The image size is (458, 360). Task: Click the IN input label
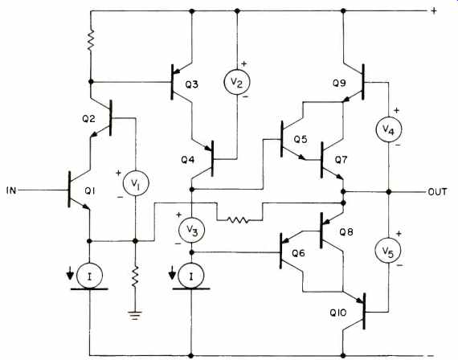tap(11, 190)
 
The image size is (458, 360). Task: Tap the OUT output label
tap(437, 192)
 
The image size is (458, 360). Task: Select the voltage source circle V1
tap(136, 183)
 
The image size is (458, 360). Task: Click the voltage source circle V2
tap(237, 82)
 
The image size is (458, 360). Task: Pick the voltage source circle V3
tap(191, 230)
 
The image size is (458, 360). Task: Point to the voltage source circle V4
tap(388, 129)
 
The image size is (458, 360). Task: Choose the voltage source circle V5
tap(388, 251)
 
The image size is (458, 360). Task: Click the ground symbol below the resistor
tap(135, 316)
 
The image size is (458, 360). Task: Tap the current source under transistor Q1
tap(89, 276)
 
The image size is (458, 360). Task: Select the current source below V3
tap(191, 276)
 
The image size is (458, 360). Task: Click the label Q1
tap(90, 190)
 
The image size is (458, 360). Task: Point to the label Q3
tap(191, 84)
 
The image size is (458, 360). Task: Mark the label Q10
tap(338, 313)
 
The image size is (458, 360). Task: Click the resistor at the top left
tap(91, 40)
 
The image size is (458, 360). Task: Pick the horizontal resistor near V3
tap(239, 220)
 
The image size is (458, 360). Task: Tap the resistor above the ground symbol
tap(135, 276)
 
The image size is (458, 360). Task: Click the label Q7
tap(341, 160)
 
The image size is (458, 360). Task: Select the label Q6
tap(298, 253)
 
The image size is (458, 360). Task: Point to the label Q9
tap(339, 84)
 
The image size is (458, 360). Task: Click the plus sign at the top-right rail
tap(434, 11)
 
